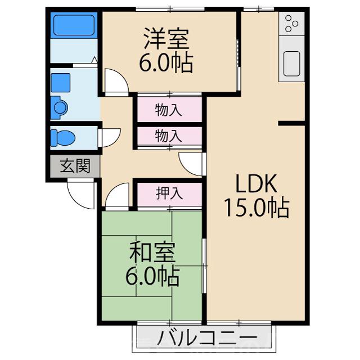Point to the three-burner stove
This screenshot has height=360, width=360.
(x=292, y=24)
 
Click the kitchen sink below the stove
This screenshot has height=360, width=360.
(x=292, y=62)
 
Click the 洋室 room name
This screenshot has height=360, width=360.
(x=166, y=38)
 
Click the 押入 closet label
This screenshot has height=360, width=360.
(x=169, y=193)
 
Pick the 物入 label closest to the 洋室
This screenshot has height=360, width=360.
(x=168, y=109)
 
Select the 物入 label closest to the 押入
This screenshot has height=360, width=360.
(x=168, y=136)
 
